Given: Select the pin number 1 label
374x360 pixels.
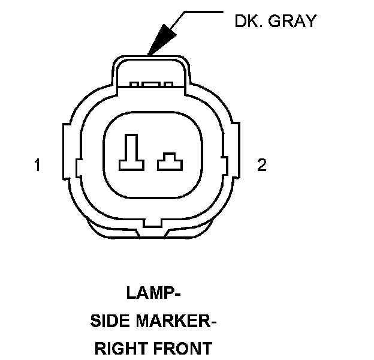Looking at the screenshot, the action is click(x=38, y=165).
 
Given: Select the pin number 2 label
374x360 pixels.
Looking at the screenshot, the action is click(x=261, y=165).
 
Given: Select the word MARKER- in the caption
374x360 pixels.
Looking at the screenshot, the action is click(x=179, y=321).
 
